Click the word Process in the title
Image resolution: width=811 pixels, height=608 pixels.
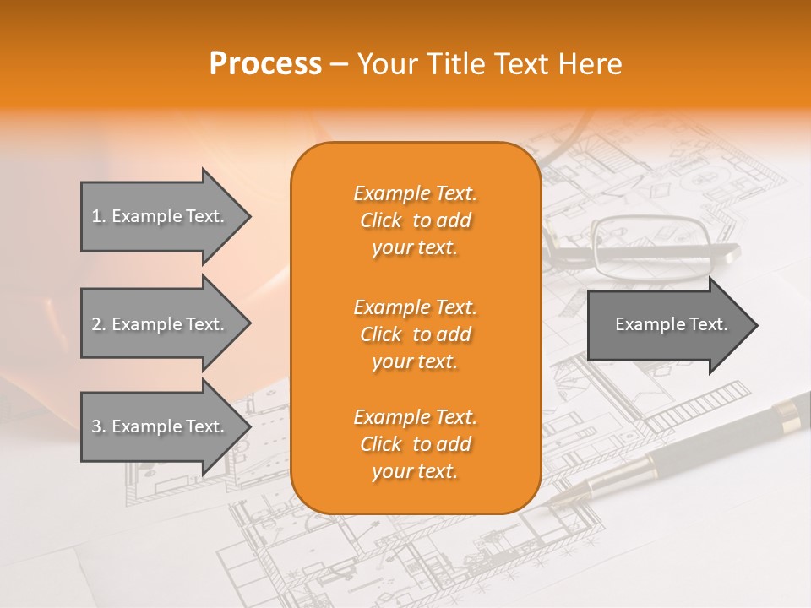(x=265, y=64)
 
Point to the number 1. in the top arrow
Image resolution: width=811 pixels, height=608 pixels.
(x=99, y=216)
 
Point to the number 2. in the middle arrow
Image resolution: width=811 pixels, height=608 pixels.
(x=99, y=324)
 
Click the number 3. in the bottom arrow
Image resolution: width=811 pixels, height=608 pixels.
(x=99, y=426)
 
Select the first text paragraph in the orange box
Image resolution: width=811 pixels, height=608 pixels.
(x=415, y=220)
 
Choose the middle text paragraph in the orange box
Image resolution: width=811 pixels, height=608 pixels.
(x=415, y=334)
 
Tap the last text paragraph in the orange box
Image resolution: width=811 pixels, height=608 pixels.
(x=415, y=444)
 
